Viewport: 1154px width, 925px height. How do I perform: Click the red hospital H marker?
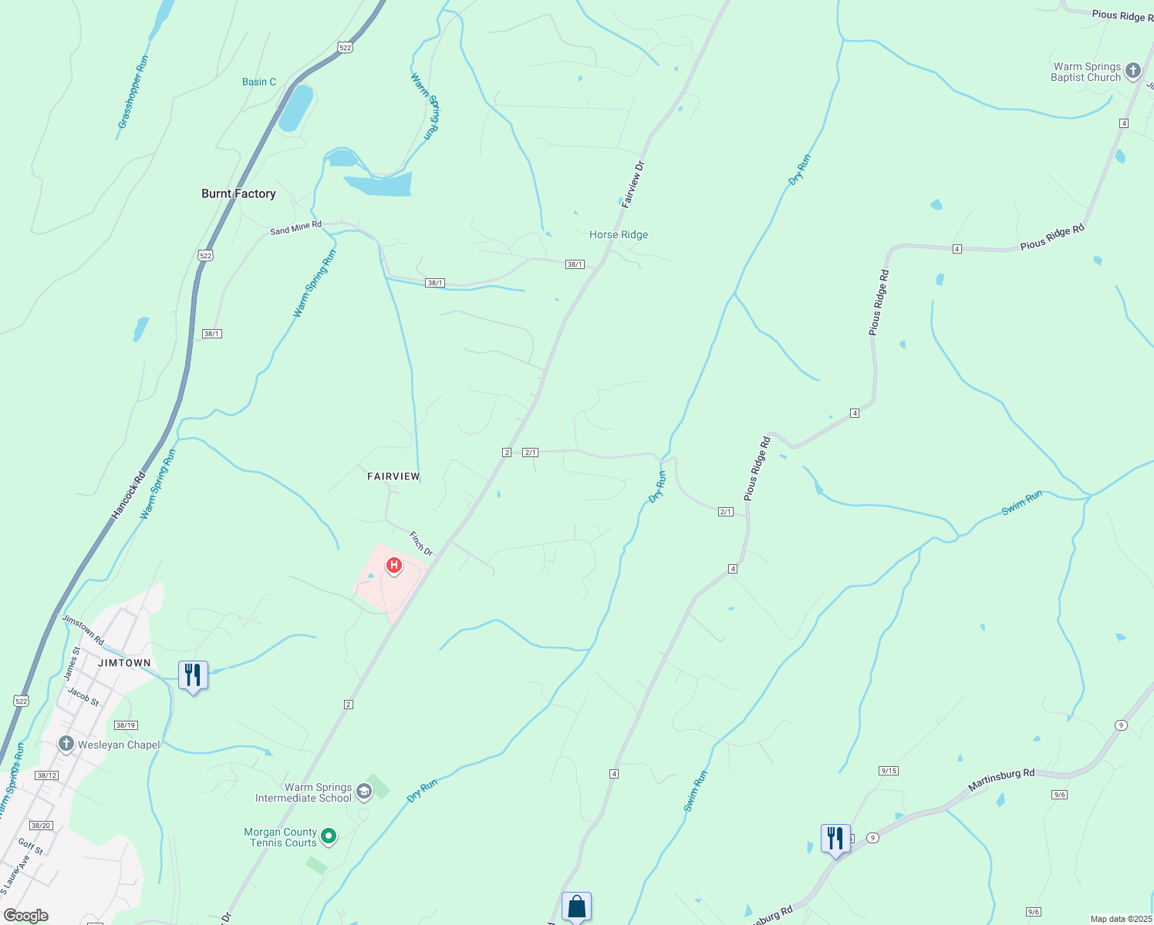pyautogui.click(x=393, y=567)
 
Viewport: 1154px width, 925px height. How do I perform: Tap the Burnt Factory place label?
pyautogui.click(x=238, y=193)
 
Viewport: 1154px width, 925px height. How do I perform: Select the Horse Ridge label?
pyautogui.click(x=619, y=234)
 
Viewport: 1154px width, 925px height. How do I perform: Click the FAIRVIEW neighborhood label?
pyautogui.click(x=393, y=476)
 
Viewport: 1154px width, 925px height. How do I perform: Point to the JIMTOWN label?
pyautogui.click(x=124, y=663)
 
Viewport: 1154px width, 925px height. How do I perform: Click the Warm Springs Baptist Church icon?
pyautogui.click(x=1132, y=72)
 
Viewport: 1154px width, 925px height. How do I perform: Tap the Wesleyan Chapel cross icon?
pyautogui.click(x=66, y=744)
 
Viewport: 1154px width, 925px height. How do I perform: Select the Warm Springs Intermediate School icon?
pyautogui.click(x=363, y=792)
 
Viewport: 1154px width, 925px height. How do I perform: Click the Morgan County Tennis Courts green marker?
pyautogui.click(x=329, y=836)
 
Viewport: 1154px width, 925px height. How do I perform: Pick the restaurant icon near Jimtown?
pyautogui.click(x=193, y=675)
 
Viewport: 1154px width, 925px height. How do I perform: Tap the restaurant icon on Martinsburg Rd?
pyautogui.click(x=835, y=838)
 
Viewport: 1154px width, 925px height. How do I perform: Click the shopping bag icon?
pyautogui.click(x=576, y=906)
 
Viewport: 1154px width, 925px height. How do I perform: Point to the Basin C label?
pyautogui.click(x=259, y=82)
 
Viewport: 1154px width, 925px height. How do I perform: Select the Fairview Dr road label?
pyautogui.click(x=633, y=184)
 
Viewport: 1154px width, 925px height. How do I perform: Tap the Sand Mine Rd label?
pyautogui.click(x=295, y=228)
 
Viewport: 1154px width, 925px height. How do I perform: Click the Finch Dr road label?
pyautogui.click(x=421, y=543)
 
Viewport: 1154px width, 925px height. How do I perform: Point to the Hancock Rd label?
pyautogui.click(x=129, y=494)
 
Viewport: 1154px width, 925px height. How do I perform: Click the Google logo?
pyautogui.click(x=26, y=915)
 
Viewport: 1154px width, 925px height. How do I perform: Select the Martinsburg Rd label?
pyautogui.click(x=1001, y=779)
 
